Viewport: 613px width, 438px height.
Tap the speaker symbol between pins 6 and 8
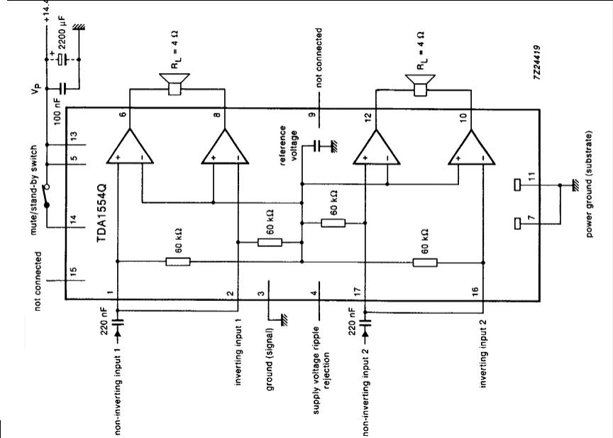(x=175, y=84)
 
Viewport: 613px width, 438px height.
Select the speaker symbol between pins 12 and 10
(x=420, y=85)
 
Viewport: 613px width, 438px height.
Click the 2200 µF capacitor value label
(x=62, y=33)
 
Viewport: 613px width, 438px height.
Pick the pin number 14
(x=74, y=220)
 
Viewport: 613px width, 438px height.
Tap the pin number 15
(x=74, y=272)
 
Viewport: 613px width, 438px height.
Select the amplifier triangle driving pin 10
(x=472, y=147)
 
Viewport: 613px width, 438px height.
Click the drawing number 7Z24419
(x=537, y=62)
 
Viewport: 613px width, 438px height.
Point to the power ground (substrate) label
(x=589, y=184)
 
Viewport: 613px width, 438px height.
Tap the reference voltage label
(x=288, y=146)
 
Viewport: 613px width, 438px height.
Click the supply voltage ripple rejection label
(x=321, y=371)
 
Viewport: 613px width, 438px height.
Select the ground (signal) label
(x=270, y=359)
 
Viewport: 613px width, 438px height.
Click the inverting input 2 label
(x=484, y=353)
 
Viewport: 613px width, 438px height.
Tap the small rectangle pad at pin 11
(x=517, y=185)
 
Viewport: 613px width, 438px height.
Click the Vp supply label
(x=36, y=89)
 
